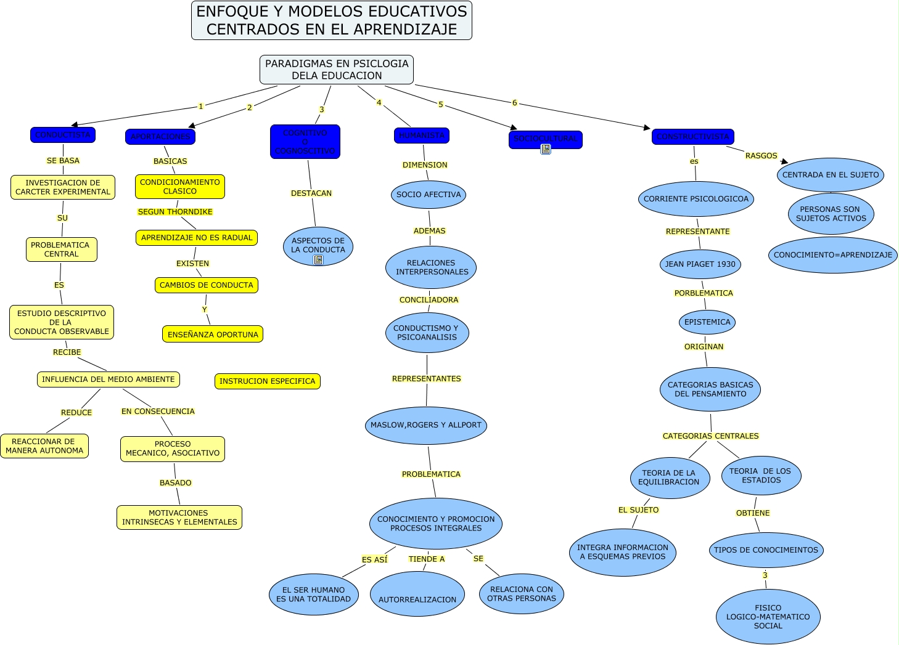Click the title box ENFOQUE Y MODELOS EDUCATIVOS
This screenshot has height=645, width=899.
point(332,20)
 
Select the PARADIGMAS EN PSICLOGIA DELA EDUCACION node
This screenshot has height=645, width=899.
point(337,70)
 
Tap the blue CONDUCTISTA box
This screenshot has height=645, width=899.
point(63,135)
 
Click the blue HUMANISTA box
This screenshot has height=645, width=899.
point(422,136)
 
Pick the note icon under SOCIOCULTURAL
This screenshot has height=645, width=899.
point(546,149)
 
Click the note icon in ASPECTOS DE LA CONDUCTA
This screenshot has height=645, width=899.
point(318,260)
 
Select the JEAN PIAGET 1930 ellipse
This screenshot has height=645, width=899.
point(700,264)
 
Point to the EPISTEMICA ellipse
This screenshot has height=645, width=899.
point(707,322)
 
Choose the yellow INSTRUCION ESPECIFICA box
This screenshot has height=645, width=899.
point(268,381)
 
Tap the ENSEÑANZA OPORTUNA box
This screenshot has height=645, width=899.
point(213,335)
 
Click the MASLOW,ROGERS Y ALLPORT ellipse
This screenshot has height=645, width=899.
point(426,425)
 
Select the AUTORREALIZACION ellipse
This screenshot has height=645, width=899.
point(417,594)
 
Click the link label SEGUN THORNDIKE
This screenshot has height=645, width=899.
point(175,212)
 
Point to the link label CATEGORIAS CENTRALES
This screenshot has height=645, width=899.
point(710,436)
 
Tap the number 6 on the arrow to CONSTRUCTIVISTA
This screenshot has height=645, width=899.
point(514,103)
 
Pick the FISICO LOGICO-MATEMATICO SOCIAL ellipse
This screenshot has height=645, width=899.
point(768,617)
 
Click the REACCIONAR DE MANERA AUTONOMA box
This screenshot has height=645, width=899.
point(44,446)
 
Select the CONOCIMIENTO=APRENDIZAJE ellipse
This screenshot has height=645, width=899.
point(832,254)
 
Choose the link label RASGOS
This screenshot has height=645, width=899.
point(761,156)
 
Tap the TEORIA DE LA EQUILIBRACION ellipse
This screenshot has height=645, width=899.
point(669,477)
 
